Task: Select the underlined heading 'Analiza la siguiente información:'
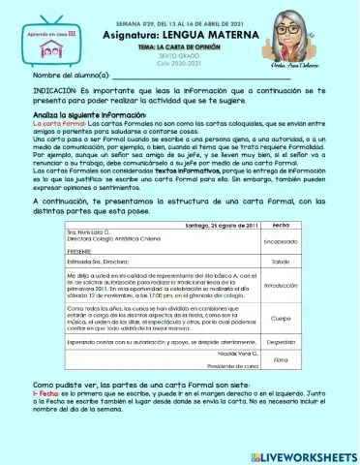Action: coord(75,115)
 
